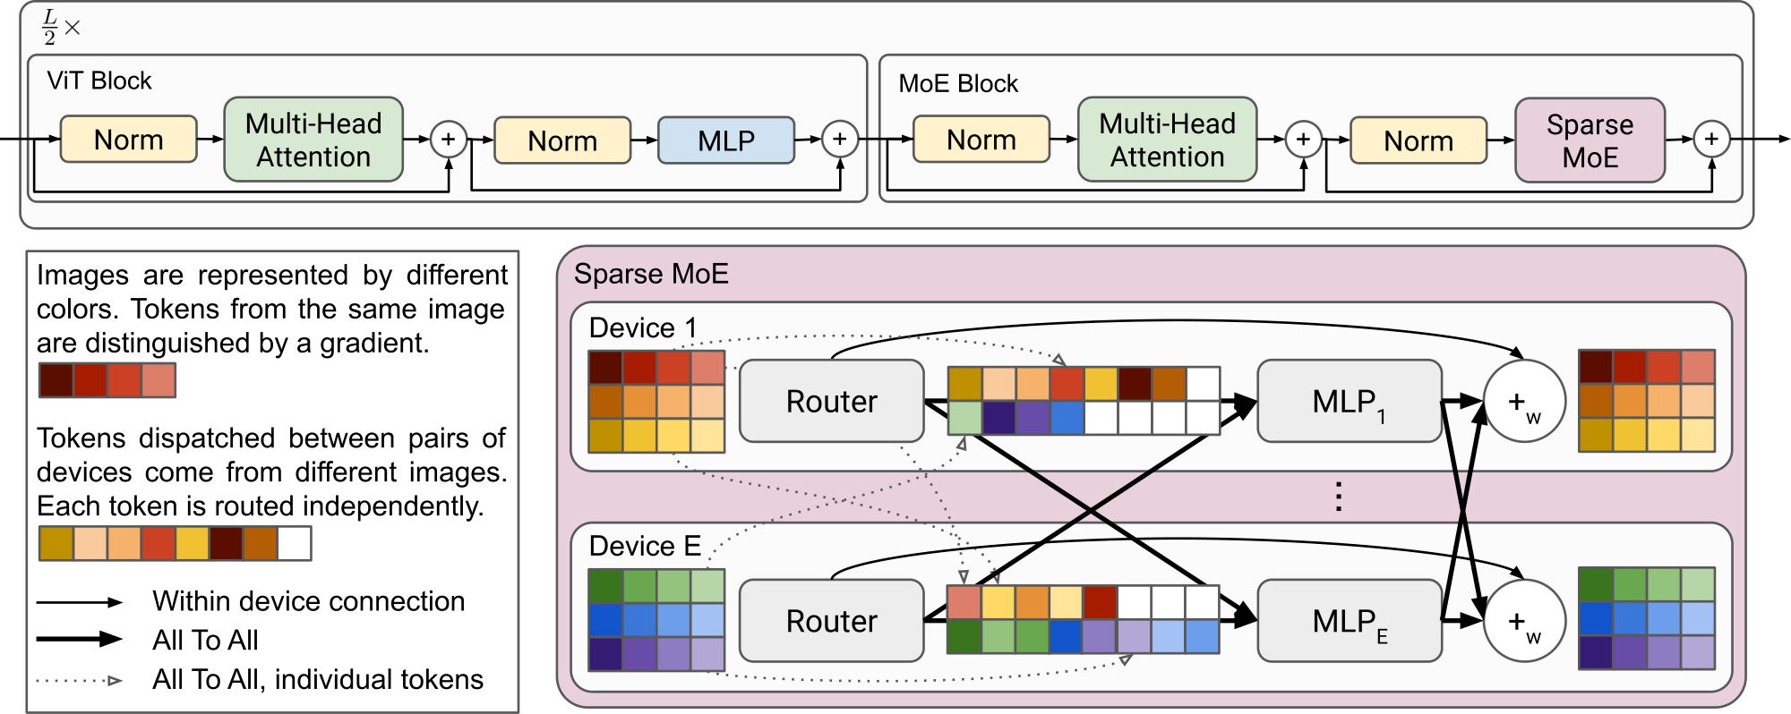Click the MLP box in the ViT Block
(726, 140)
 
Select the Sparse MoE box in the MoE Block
(1590, 140)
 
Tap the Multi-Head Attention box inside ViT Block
(313, 140)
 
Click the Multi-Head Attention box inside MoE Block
(1167, 140)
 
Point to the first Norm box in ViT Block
(128, 140)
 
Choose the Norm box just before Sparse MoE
(1418, 140)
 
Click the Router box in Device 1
(831, 401)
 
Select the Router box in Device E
(831, 620)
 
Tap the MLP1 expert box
(1349, 402)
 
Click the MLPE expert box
(1349, 621)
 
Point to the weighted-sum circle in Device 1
(1524, 402)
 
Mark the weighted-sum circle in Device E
(1524, 621)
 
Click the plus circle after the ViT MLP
(840, 139)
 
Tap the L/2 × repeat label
(60, 28)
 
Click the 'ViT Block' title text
(99, 81)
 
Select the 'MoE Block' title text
(958, 83)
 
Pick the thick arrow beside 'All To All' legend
(79, 639)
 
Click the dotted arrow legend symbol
(79, 680)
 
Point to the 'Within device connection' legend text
(308, 600)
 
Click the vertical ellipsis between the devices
(1338, 496)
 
